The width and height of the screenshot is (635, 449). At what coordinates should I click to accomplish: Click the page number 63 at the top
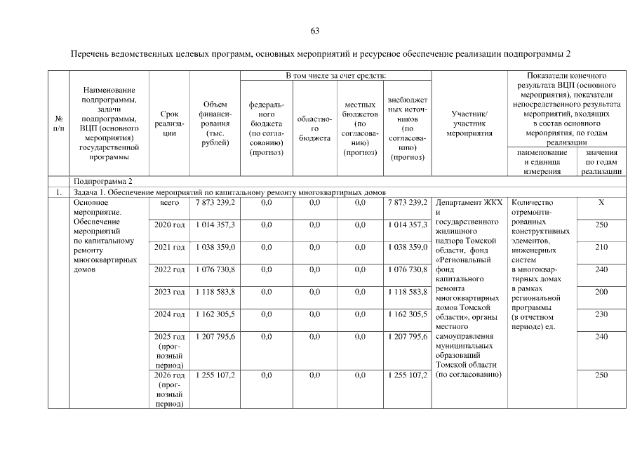pyautogui.click(x=315, y=31)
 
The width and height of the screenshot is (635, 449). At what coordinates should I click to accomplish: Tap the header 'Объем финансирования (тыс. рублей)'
pyautogui.click(x=215, y=123)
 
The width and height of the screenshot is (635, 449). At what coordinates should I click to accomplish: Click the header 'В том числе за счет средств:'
pyautogui.click(x=335, y=75)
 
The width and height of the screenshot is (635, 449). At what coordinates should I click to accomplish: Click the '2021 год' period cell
pyautogui.click(x=169, y=247)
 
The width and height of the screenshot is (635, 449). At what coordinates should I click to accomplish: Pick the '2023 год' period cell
pyautogui.click(x=169, y=292)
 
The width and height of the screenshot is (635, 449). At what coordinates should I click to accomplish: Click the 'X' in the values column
pyautogui.click(x=601, y=202)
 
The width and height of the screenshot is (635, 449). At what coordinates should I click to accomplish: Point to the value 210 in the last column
pyautogui.click(x=601, y=247)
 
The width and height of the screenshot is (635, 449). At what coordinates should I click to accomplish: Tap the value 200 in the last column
pyautogui.click(x=601, y=292)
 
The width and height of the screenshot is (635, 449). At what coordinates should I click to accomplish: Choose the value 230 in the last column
pyautogui.click(x=601, y=314)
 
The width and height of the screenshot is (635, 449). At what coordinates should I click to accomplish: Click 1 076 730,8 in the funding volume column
pyautogui.click(x=215, y=269)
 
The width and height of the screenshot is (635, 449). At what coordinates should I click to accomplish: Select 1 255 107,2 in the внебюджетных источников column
pyautogui.click(x=408, y=375)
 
